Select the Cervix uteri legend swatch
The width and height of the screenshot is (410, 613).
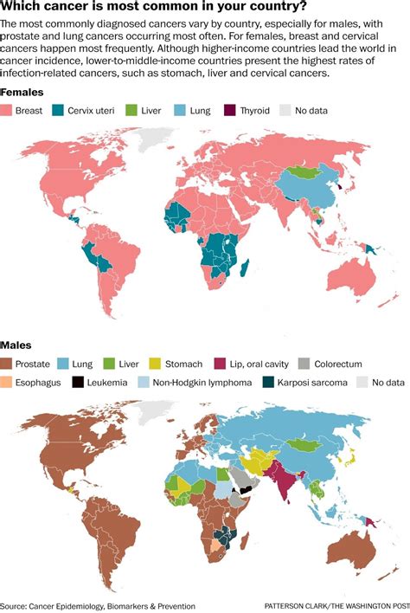[59, 110]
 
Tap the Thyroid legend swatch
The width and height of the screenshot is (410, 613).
[232, 110]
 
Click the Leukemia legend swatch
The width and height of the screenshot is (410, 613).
[79, 382]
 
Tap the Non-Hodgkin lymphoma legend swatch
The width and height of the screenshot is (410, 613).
[144, 382]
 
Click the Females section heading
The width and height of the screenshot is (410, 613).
[22, 92]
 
